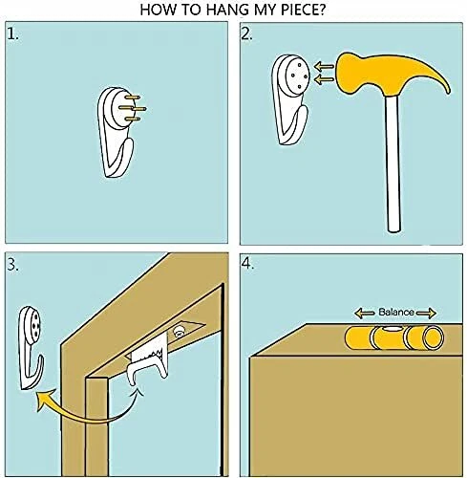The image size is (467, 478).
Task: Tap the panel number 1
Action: coord(12,34)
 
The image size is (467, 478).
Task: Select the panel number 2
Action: coord(247,34)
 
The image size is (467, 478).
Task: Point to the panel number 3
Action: coord(13,265)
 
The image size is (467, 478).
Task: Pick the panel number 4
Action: coord(248,264)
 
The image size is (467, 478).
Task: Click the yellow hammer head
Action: coord(393,74)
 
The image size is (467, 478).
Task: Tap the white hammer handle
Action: coord(393,163)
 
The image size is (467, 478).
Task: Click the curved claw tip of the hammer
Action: coord(448,91)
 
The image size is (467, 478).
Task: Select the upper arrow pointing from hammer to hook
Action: coord(324,67)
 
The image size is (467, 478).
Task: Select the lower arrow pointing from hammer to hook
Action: coord(324,78)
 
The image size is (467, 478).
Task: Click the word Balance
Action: coord(396,312)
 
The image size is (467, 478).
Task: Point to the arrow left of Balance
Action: coord(365,314)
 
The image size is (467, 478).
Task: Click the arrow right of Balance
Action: coord(426,314)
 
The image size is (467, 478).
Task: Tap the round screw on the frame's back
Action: coord(179,332)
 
